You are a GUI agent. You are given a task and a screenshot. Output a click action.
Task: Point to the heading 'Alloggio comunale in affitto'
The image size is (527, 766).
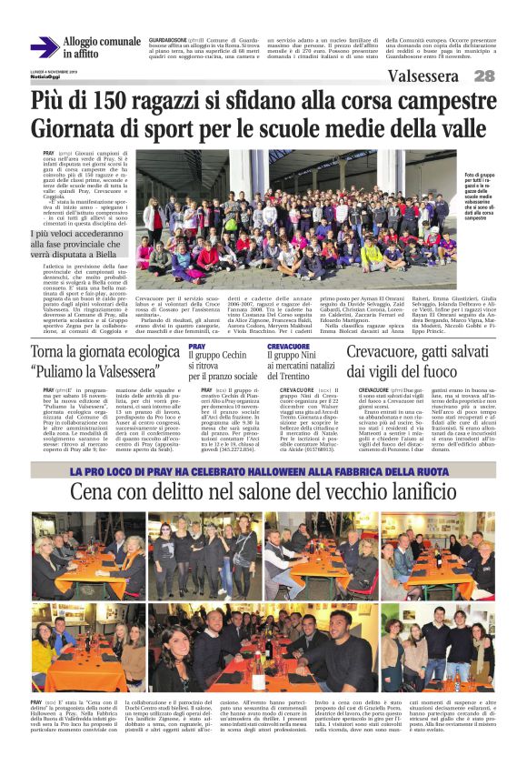pyautogui.click(x=101, y=47)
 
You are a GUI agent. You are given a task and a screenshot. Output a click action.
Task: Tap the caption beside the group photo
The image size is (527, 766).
pyautogui.click(x=489, y=197)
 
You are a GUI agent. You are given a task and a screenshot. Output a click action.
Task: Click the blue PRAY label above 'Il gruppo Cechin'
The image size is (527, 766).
pyautogui.click(x=197, y=346)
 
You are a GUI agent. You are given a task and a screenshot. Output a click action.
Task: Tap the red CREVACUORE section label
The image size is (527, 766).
pyautogui.click(x=290, y=346)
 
